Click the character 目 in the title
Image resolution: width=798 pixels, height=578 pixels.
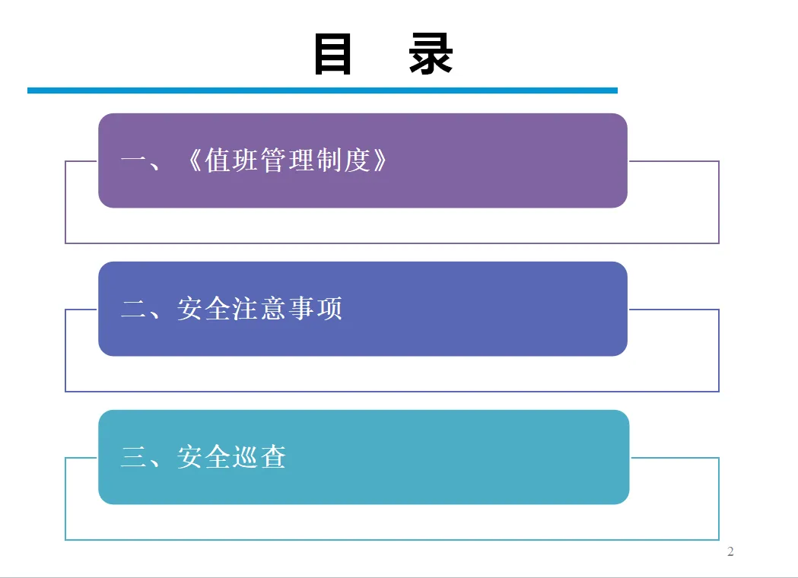click(332, 55)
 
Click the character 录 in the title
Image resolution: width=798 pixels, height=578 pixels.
click(431, 55)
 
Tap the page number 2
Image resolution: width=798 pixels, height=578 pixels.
click(731, 551)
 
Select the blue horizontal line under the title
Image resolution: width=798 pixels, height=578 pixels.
click(323, 91)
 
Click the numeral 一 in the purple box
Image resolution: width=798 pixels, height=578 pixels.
click(133, 161)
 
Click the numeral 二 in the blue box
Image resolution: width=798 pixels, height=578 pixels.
click(133, 309)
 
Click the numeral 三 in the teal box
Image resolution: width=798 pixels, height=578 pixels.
click(133, 457)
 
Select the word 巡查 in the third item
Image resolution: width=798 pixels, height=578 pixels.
click(260, 457)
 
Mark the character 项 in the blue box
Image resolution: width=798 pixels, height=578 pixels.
click(329, 309)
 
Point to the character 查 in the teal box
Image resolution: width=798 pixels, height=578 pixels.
click(274, 457)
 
